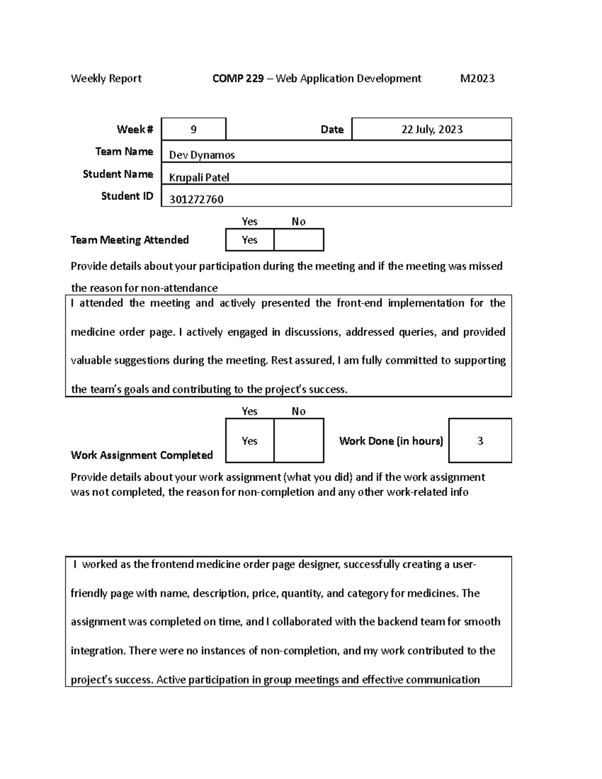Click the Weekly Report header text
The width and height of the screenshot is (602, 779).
point(106,78)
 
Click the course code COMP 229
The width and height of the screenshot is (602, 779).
point(238,78)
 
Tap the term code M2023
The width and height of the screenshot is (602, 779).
point(478,78)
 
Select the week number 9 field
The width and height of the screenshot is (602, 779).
point(194,129)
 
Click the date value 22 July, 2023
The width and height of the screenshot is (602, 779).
point(431,129)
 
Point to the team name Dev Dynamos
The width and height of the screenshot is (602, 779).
point(202,155)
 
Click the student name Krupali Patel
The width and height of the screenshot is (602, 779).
point(199,177)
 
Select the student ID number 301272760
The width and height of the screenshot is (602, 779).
point(196,199)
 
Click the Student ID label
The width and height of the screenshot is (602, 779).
point(127,196)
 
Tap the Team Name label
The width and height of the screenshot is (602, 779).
point(124,151)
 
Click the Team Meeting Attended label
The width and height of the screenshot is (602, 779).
point(129,240)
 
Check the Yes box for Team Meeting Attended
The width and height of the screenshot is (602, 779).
point(250,240)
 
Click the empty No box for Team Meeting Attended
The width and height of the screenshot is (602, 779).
point(298,240)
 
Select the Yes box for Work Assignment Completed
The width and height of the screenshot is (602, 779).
point(250,440)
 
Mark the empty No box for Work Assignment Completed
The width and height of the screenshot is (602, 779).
point(298,440)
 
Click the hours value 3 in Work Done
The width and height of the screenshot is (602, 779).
point(480,440)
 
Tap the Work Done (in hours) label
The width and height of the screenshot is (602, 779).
point(391,441)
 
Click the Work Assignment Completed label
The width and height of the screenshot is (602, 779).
point(141,455)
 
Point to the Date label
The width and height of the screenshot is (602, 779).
point(332,129)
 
